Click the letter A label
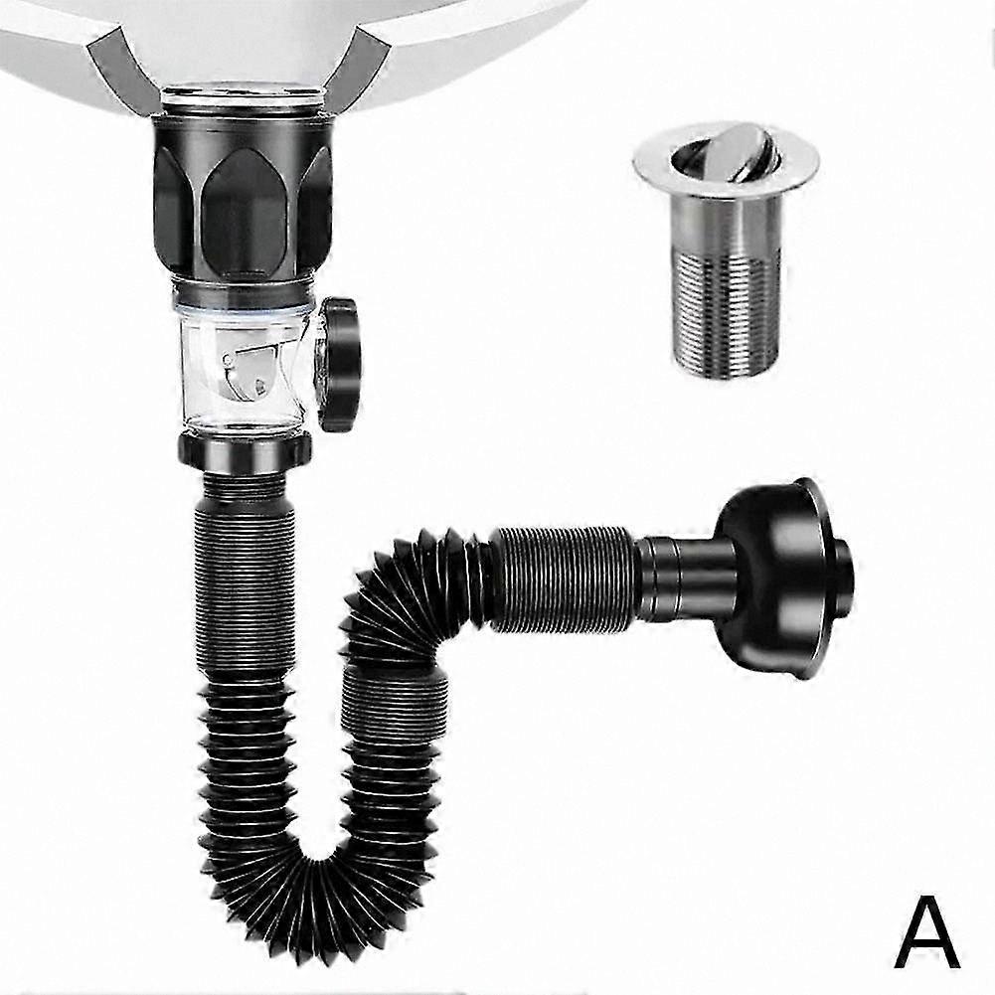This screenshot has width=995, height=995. (x=927, y=930)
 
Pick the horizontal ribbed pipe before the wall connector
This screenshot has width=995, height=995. (x=563, y=579)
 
